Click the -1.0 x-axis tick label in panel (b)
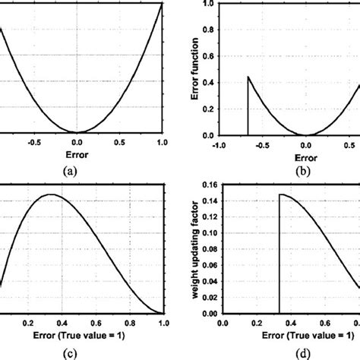tap(219, 145)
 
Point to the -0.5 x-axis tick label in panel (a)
tap(32, 142)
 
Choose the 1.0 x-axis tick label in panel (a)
tap(161, 142)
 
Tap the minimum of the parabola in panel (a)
tap(76, 132)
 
